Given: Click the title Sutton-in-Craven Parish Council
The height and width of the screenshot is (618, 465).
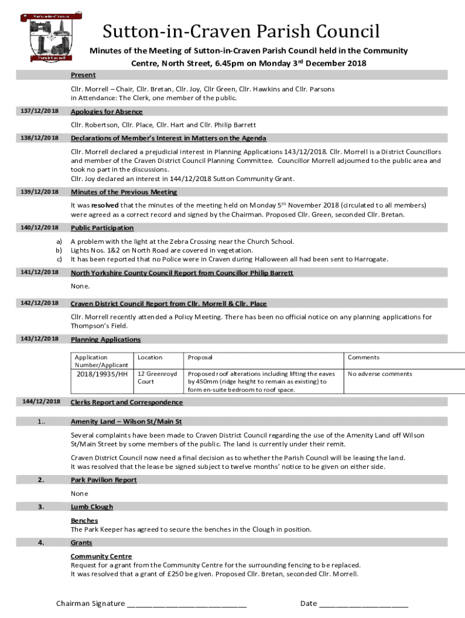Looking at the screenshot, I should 240,31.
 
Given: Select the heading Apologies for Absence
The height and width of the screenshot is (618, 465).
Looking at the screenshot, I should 106,112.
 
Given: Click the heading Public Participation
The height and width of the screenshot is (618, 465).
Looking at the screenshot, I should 102,228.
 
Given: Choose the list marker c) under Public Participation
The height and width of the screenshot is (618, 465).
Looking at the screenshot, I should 59,259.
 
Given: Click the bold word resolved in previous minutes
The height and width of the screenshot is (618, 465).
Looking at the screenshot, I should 109,205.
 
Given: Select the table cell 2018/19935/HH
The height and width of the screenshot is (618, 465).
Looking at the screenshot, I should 102,374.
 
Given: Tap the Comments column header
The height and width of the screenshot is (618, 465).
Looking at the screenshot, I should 364,357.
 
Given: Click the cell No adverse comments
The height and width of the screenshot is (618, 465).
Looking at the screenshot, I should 380,374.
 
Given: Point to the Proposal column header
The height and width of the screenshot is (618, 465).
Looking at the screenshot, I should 200,357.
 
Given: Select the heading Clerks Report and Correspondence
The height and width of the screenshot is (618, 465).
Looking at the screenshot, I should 126,402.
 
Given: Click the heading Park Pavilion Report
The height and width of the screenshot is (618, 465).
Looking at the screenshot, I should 103,480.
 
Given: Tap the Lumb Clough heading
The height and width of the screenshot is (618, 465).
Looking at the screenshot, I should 91,507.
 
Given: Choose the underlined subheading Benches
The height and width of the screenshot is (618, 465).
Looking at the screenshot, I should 84,520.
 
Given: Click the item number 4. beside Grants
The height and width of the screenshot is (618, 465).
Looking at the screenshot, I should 41,543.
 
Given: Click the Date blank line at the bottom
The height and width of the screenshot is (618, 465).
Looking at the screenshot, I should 364,604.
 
